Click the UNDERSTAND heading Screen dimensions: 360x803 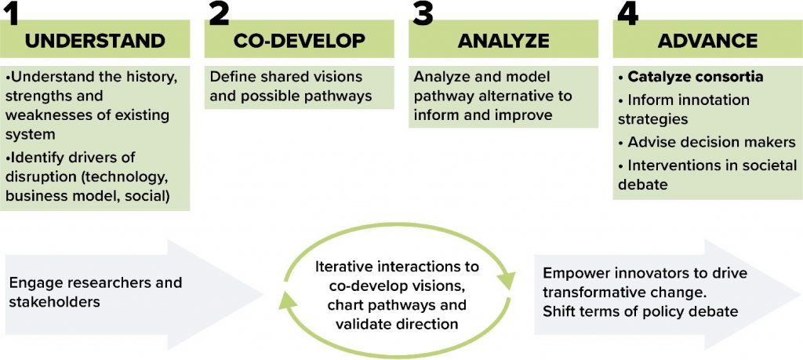[x=95, y=41]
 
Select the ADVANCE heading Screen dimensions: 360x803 [x=707, y=41]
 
